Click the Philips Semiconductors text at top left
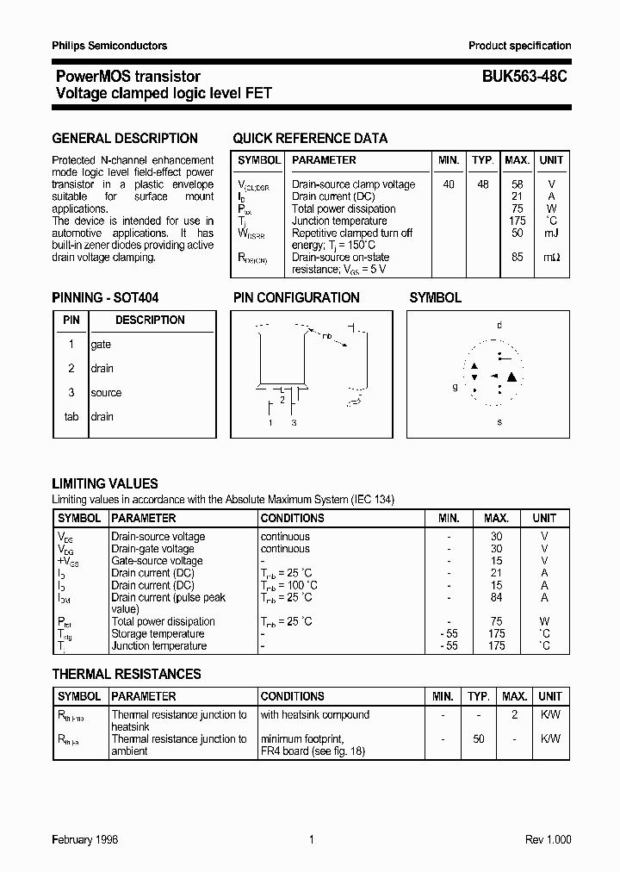[x=109, y=46]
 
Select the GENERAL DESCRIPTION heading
[x=125, y=138]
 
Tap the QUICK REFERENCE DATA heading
[x=310, y=138]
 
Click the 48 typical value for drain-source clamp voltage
[x=482, y=184]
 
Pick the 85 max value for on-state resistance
[x=517, y=257]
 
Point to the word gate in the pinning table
[x=101, y=345]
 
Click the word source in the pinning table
[x=106, y=393]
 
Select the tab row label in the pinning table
[x=71, y=417]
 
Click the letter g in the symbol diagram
[x=456, y=387]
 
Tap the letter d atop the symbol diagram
[x=499, y=325]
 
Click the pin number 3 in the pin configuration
[x=294, y=423]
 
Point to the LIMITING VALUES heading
[x=105, y=484]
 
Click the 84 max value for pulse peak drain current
[x=496, y=597]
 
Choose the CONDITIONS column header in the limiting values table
[x=292, y=519]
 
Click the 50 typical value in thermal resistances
[x=478, y=739]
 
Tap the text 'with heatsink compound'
[x=314, y=715]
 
